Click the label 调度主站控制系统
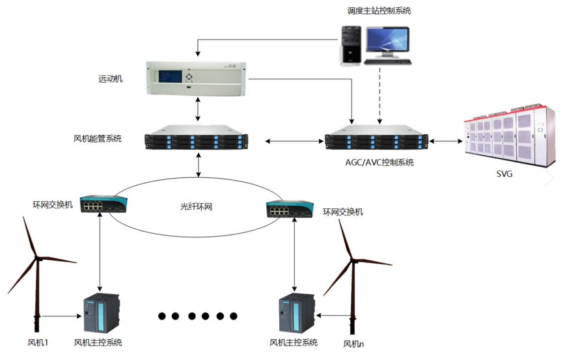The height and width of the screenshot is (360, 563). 379,11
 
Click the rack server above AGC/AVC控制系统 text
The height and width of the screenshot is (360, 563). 377,141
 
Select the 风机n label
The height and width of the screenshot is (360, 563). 353,343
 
